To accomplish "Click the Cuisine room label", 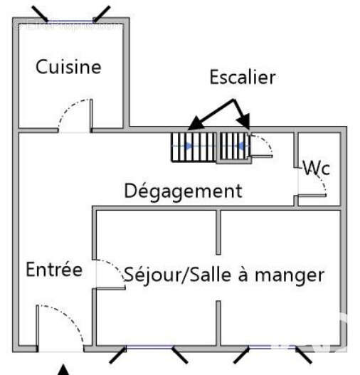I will coord(68,68).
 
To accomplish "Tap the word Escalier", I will coord(242,78).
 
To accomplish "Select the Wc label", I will coord(317,169).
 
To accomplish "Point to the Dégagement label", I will coord(183,191).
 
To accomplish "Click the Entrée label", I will coord(54,270).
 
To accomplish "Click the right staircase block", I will coord(233,147).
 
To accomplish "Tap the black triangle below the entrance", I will coord(64,369).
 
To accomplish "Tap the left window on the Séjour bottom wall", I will coord(149,349).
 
